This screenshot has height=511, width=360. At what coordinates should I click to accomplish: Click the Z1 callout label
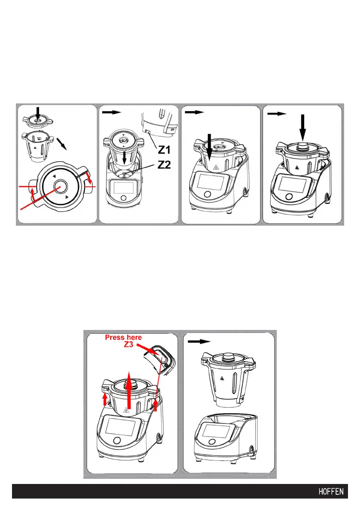pos(164,150)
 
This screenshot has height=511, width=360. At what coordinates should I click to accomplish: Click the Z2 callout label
pos(164,165)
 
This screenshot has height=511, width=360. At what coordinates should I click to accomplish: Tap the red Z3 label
pos(128,344)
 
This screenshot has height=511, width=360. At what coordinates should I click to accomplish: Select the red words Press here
pos(123,337)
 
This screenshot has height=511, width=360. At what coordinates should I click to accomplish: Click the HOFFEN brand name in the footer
pos(331,491)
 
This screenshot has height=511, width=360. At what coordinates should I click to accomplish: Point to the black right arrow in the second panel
pos(112,112)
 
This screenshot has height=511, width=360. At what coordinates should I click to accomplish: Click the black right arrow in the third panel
pos(194,112)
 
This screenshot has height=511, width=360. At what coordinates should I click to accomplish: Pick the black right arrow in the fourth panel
pos(277,113)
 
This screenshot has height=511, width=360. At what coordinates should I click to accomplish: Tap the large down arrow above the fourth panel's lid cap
pos(303,127)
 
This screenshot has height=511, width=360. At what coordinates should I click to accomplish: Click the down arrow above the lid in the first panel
pos(38,113)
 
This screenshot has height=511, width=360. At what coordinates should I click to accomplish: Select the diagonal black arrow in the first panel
pos(62,143)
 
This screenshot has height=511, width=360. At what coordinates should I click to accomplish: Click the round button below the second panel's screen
pos(124,198)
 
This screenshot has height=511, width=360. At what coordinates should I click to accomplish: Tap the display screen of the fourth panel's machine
pos(293,184)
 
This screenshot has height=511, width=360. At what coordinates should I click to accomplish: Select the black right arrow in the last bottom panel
pos(200,341)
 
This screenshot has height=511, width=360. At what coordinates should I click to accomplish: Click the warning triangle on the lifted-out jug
pos(222,378)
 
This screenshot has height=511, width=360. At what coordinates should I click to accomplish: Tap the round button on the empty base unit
pos(212,442)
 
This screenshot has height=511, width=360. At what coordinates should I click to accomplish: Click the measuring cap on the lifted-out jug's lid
pos(228,357)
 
